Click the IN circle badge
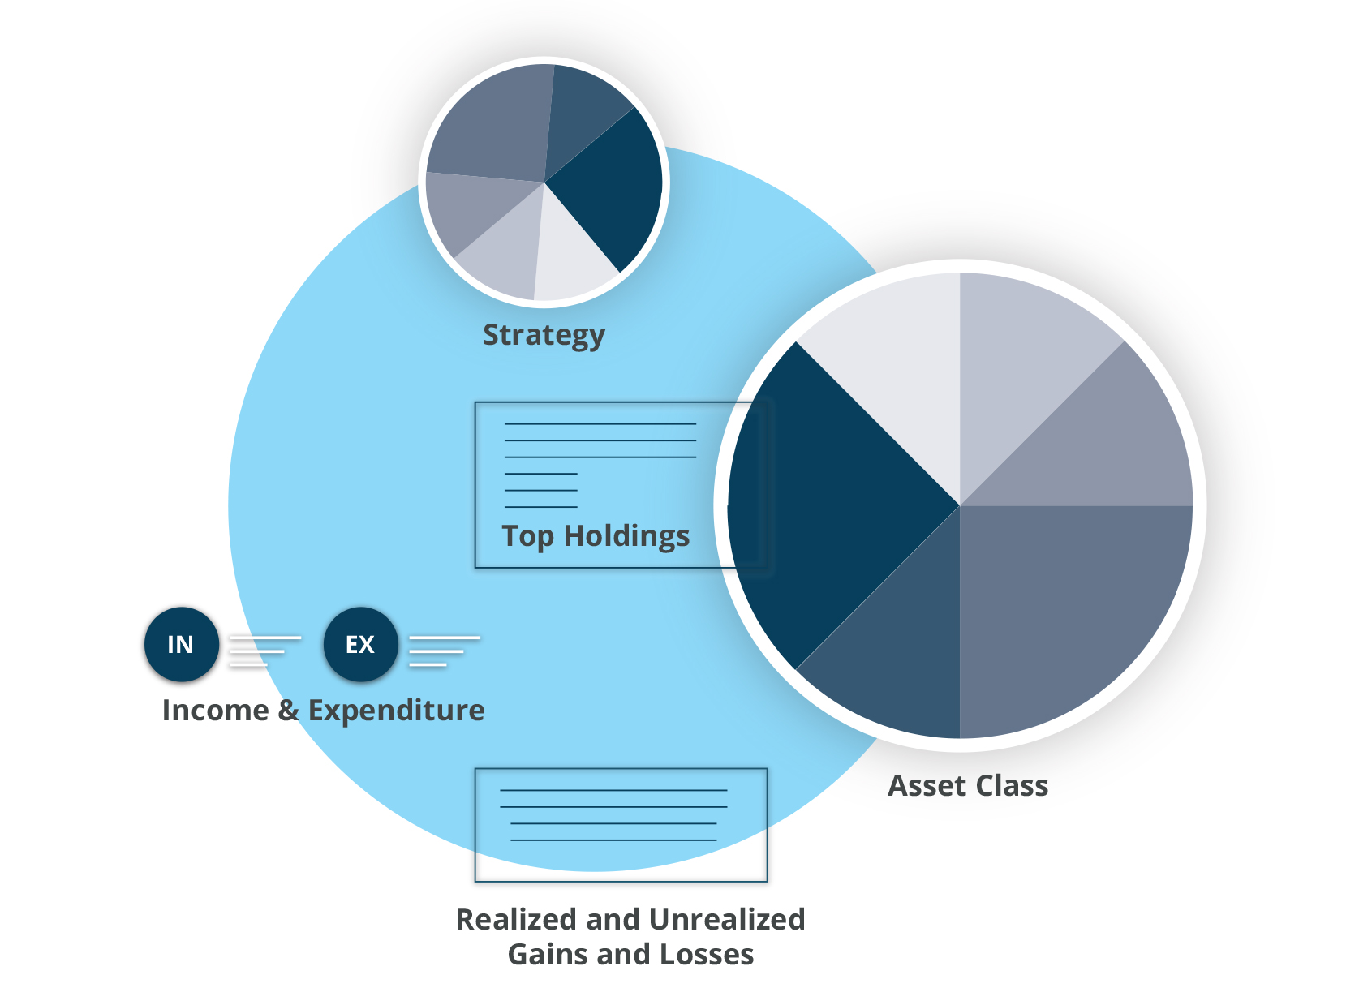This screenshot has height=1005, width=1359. [x=181, y=644]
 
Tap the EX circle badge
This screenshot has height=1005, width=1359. [x=360, y=644]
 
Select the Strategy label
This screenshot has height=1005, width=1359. [x=544, y=335]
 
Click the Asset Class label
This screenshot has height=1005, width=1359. [x=968, y=785]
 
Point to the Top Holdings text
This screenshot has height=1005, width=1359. [x=596, y=536]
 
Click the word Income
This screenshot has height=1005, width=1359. [x=215, y=710]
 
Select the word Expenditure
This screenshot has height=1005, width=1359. [x=396, y=710]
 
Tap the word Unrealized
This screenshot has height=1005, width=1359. [x=727, y=919]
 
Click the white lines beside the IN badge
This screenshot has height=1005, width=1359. [x=264, y=651]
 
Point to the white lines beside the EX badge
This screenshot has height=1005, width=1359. [x=443, y=651]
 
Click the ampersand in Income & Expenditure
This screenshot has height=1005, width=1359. [x=288, y=710]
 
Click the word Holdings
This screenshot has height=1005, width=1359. [x=626, y=536]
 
